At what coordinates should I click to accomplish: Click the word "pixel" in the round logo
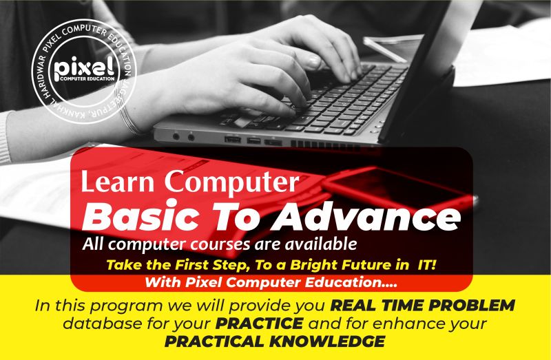(x=83, y=67)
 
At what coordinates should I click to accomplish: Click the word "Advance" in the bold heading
(x=366, y=215)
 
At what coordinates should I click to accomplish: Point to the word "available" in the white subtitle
(x=321, y=244)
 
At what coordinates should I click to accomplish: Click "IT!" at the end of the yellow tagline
(x=426, y=264)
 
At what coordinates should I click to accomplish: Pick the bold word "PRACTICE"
(x=260, y=324)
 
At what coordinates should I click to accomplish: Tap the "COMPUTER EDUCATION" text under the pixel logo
(x=87, y=78)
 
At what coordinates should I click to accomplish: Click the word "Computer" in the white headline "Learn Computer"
(x=231, y=182)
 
